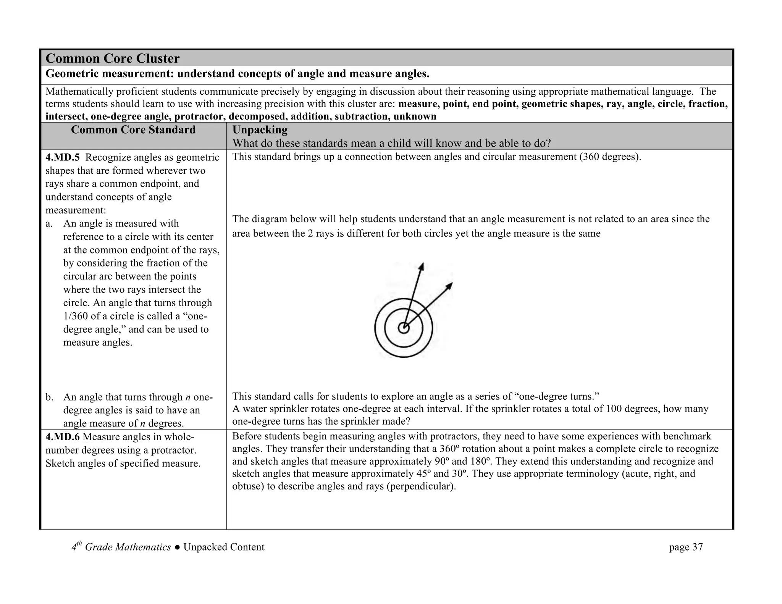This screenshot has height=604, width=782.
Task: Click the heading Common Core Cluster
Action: [x=112, y=58]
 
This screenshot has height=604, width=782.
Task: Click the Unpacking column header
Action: [x=260, y=130]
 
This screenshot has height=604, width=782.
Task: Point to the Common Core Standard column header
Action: [x=133, y=130]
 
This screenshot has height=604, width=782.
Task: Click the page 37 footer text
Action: [x=685, y=547]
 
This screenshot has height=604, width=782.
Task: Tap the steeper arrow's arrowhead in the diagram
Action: [x=422, y=266]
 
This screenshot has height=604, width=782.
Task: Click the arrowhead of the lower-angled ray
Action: [x=450, y=285]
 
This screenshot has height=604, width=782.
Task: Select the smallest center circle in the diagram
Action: [x=404, y=328]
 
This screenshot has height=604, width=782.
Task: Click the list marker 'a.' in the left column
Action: [x=49, y=223]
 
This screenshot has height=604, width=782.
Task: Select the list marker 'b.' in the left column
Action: [x=49, y=397]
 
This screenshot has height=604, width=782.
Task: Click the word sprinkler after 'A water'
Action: [x=291, y=409]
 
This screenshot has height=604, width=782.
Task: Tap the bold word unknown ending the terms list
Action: [x=415, y=116]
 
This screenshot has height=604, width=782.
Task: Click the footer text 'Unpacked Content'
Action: [x=224, y=547]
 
